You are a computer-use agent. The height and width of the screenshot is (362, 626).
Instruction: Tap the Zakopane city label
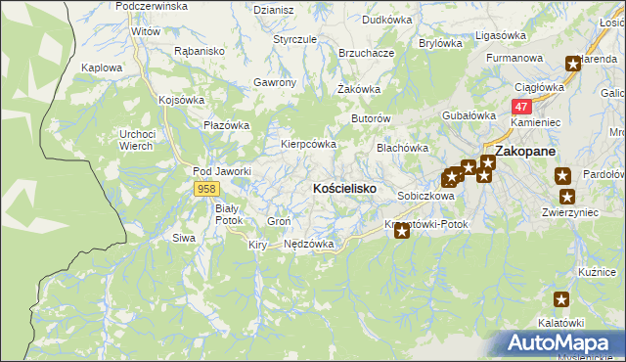525,152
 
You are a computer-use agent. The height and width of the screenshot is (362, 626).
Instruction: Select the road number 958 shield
205,188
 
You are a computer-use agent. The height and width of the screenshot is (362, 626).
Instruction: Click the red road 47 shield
522,107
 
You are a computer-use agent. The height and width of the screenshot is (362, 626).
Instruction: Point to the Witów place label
146,31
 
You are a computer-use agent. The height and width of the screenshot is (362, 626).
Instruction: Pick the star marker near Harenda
573,65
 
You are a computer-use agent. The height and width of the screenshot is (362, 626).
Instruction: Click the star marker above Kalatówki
561,300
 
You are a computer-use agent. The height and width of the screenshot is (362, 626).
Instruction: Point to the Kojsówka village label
181,100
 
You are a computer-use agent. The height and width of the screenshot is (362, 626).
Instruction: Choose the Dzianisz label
274,10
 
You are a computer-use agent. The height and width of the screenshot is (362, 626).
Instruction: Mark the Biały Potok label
228,214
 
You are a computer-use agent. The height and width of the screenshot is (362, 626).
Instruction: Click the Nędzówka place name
309,244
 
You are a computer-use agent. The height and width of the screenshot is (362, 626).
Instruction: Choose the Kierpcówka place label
309,143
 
